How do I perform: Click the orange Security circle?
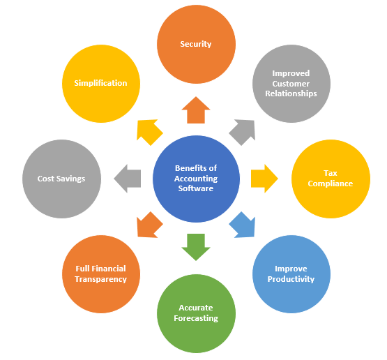point(196,44)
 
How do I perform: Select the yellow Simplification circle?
point(101,84)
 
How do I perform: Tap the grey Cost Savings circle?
point(61,179)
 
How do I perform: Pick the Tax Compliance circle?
point(331,179)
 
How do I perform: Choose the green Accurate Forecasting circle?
point(196,313)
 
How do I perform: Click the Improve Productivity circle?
point(291,274)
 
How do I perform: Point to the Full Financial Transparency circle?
point(101,274)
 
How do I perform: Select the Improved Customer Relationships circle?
point(291,84)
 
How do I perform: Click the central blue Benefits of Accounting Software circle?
point(196,179)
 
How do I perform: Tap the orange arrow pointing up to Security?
point(196,111)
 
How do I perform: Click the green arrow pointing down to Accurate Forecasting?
point(196,246)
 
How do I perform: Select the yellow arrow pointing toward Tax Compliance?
point(264,179)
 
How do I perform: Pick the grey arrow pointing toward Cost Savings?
point(128,179)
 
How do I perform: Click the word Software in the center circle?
point(196,188)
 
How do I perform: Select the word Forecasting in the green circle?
point(196,318)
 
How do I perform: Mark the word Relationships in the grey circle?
point(291,93)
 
